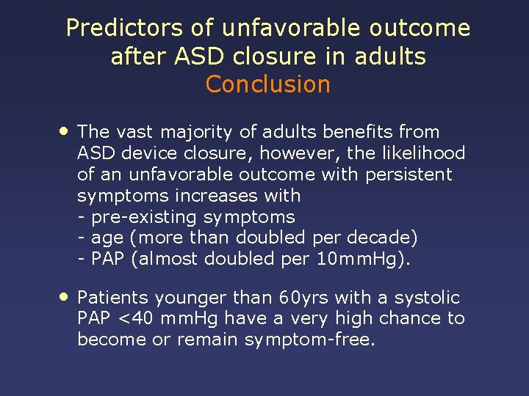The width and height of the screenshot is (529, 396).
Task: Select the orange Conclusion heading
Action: [268, 84]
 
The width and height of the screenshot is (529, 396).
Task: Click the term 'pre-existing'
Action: [144, 217]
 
